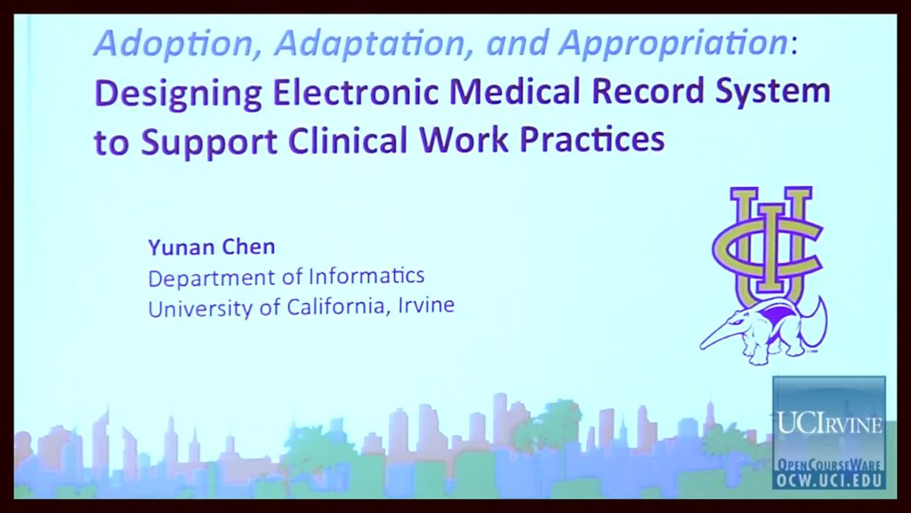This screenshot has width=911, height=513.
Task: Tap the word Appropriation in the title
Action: [673, 43]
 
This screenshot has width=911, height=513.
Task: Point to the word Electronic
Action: [354, 92]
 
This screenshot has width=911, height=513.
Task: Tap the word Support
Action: [209, 142]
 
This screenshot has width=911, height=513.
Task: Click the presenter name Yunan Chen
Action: [212, 248]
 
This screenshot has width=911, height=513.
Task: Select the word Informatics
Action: [367, 275]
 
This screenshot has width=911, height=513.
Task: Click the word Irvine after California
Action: [426, 305]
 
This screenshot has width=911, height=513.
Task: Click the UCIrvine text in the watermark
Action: [829, 423]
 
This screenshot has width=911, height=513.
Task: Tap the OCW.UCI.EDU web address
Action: [829, 480]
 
